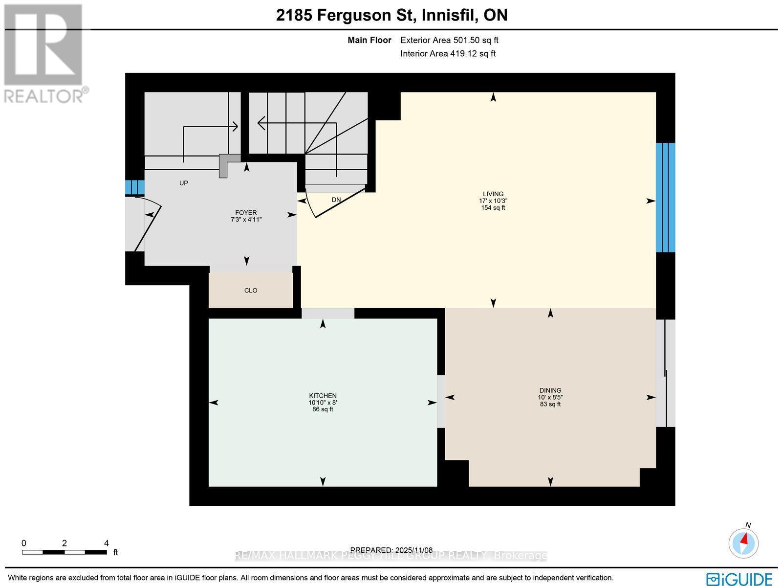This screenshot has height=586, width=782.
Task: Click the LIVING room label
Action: pos(493,194)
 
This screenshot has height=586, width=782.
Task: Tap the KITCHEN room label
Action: pos(323,396)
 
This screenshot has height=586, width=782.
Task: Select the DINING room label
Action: pos(550,390)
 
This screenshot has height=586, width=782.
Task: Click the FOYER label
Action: pos(246,213)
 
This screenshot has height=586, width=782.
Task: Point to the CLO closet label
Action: pos(251,291)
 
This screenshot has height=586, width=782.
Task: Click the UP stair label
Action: pos(184,183)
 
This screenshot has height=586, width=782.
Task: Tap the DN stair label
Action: pos(336,200)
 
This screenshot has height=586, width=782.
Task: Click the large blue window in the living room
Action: pos(665,197)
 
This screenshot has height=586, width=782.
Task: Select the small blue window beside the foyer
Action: pos(135,187)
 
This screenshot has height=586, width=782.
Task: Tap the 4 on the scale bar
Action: pos(106,543)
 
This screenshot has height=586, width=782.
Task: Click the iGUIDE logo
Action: pos(739,579)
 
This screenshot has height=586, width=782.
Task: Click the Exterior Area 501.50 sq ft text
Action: pos(449,41)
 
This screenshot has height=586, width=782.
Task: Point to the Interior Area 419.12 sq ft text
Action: pos(448,54)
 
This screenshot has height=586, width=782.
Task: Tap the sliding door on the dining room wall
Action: pos(665,374)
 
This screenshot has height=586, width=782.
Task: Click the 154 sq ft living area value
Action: pos(493,208)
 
